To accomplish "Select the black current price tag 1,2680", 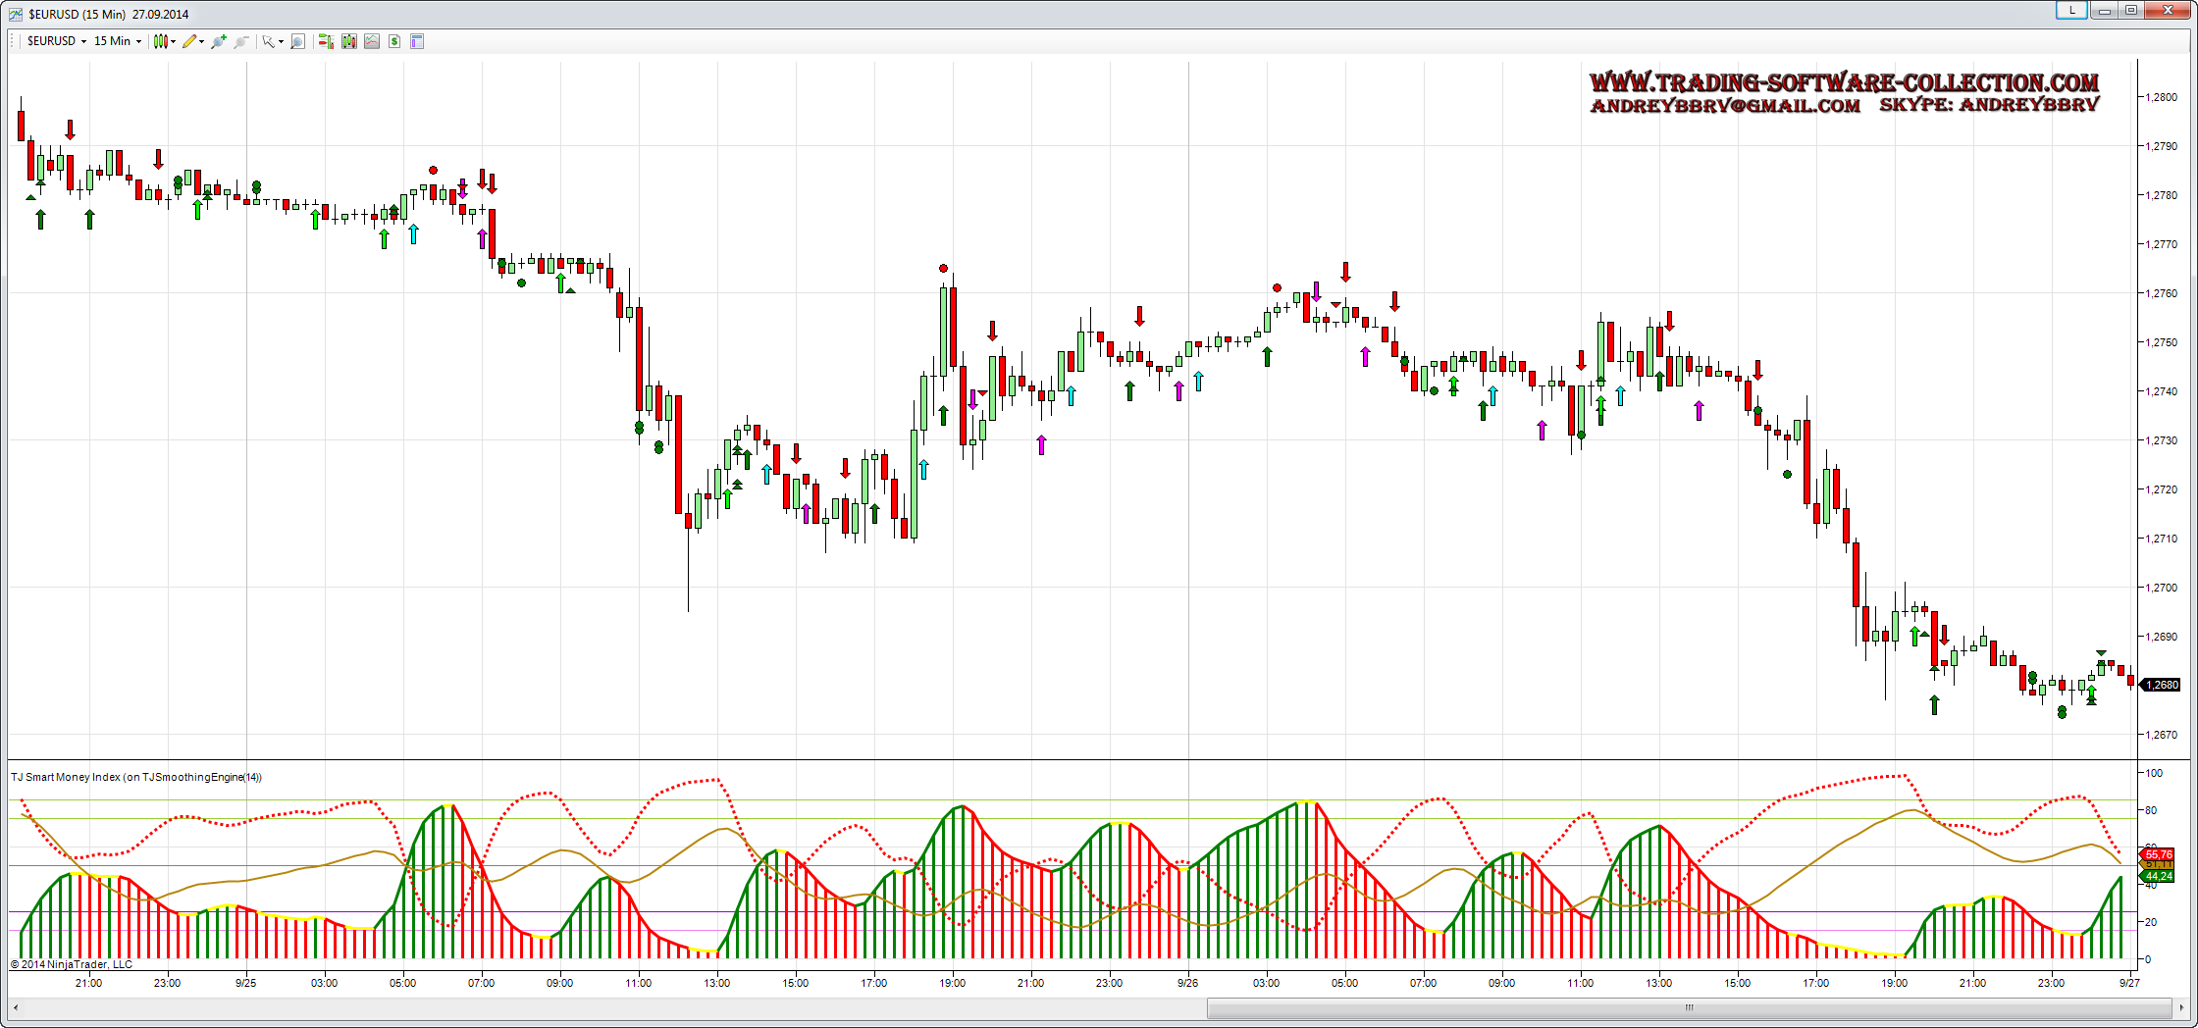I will tap(2162, 685).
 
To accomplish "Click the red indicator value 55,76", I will tap(2159, 855).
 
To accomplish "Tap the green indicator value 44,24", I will tap(2159, 876).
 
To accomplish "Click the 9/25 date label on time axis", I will tap(245, 983).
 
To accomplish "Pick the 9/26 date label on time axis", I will tap(1187, 983).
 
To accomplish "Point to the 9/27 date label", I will tap(2128, 983).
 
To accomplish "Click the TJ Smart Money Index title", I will tap(136, 777).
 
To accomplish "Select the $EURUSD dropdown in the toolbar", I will tap(56, 41).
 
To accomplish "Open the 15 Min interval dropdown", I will tap(117, 41).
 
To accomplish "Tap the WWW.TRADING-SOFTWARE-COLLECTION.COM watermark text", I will tap(1844, 82).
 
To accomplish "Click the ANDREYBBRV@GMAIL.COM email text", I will tap(1725, 106).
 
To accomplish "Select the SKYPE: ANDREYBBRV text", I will tap(1989, 105).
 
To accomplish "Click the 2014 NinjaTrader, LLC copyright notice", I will tap(72, 964).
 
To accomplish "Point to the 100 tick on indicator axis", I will tap(2154, 773).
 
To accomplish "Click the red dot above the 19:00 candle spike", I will tap(943, 268).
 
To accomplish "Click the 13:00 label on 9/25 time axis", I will tap(716, 983).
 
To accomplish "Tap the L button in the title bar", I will tap(2071, 10).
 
